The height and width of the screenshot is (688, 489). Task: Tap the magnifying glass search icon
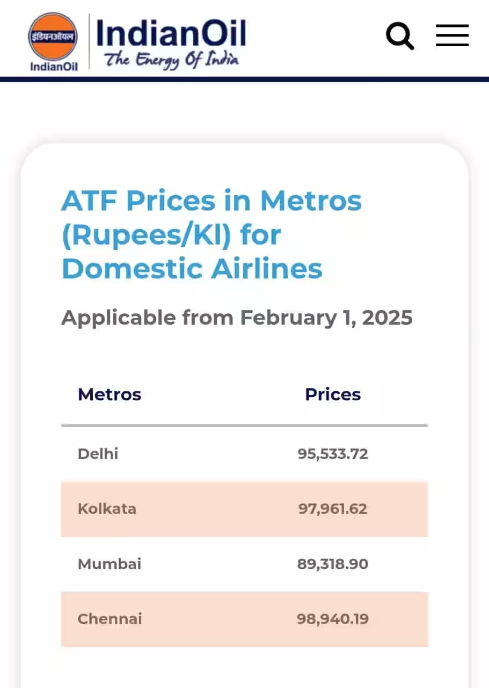coord(399,36)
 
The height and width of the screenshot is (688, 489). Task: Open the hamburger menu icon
coord(452,35)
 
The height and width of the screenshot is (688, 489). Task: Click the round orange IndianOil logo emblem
coord(53,36)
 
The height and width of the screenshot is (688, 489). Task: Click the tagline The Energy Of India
coord(171,59)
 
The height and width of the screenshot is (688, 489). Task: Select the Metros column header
coord(110,395)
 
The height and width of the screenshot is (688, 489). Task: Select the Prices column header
coord(333,395)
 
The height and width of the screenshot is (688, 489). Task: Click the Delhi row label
coord(98,454)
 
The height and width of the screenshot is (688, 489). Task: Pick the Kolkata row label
coord(107,508)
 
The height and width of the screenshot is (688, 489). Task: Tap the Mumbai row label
coord(110,564)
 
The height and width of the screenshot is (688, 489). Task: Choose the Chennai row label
coord(110,619)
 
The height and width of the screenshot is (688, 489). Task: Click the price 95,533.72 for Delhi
coord(333,454)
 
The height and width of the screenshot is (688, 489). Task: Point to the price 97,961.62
coord(333,508)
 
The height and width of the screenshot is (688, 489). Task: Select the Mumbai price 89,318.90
coord(333,564)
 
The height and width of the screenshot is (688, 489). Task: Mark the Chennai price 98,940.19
coord(333,619)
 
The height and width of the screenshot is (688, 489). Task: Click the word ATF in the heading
coord(90,201)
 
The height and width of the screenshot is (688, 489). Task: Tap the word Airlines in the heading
coord(267,269)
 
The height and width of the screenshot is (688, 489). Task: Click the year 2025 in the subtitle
coord(387,318)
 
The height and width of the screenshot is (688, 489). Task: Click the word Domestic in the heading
coord(133,269)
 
